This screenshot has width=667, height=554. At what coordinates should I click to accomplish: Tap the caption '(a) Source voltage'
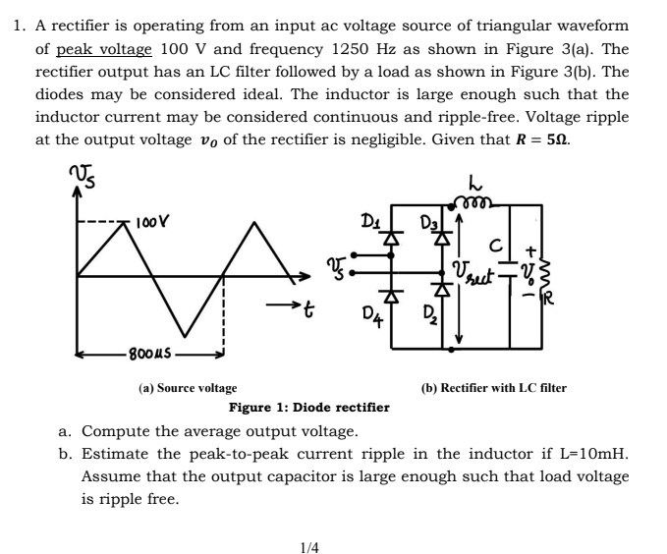point(187,388)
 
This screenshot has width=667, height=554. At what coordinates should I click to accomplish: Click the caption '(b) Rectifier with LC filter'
point(493,388)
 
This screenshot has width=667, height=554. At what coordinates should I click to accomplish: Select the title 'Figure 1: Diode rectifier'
point(308,407)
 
